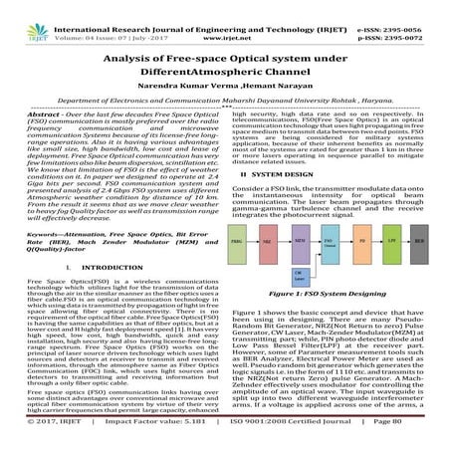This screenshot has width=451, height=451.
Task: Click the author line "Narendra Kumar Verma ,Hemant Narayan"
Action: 225,85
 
